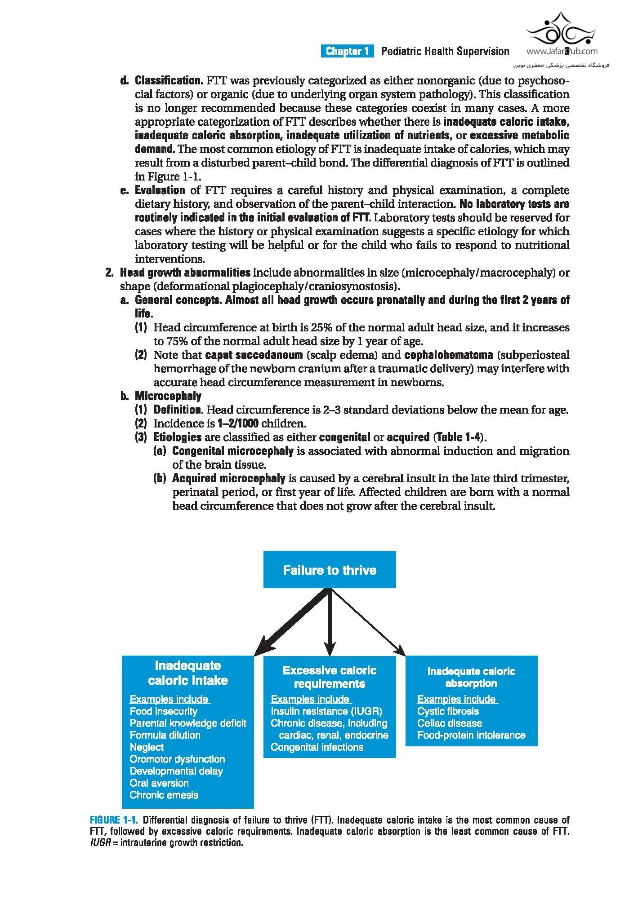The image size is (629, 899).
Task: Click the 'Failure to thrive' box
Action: click(329, 570)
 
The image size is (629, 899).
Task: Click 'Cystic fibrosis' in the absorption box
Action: click(447, 711)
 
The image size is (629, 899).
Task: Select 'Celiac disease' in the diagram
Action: click(449, 723)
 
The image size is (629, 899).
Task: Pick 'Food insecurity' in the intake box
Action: click(163, 711)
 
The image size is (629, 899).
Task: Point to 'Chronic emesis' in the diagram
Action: click(164, 795)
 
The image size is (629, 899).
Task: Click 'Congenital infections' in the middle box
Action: click(317, 747)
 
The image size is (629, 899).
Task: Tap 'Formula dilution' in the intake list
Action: click(165, 735)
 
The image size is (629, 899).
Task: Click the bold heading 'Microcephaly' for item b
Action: click(168, 396)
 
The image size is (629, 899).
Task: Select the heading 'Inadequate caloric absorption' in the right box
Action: click(471, 677)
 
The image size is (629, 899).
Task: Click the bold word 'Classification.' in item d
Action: click(169, 81)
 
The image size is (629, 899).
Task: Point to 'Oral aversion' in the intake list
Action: click(159, 783)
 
